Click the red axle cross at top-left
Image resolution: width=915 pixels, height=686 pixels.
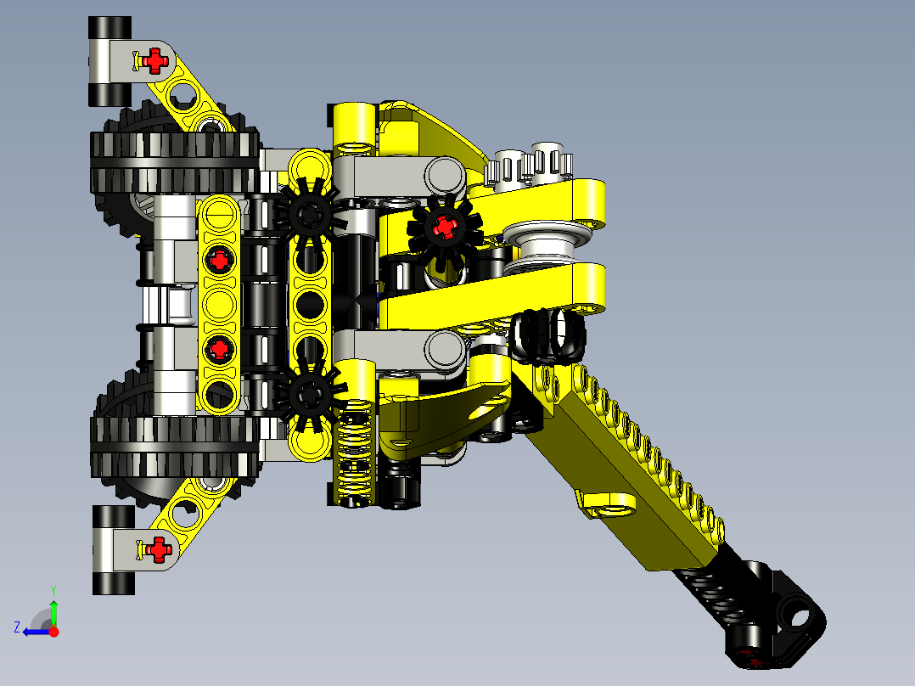(x=154, y=59)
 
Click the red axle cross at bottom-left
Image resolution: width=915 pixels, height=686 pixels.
(x=157, y=549)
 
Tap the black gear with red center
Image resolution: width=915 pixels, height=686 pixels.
(x=443, y=227)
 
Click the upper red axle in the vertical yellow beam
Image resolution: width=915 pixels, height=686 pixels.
(x=220, y=260)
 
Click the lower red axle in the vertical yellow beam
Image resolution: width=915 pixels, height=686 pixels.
(x=220, y=347)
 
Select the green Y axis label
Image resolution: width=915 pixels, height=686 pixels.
(x=53, y=588)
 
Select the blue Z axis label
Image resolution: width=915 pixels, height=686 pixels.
(x=16, y=627)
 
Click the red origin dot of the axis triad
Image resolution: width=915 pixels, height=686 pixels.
(x=53, y=632)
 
